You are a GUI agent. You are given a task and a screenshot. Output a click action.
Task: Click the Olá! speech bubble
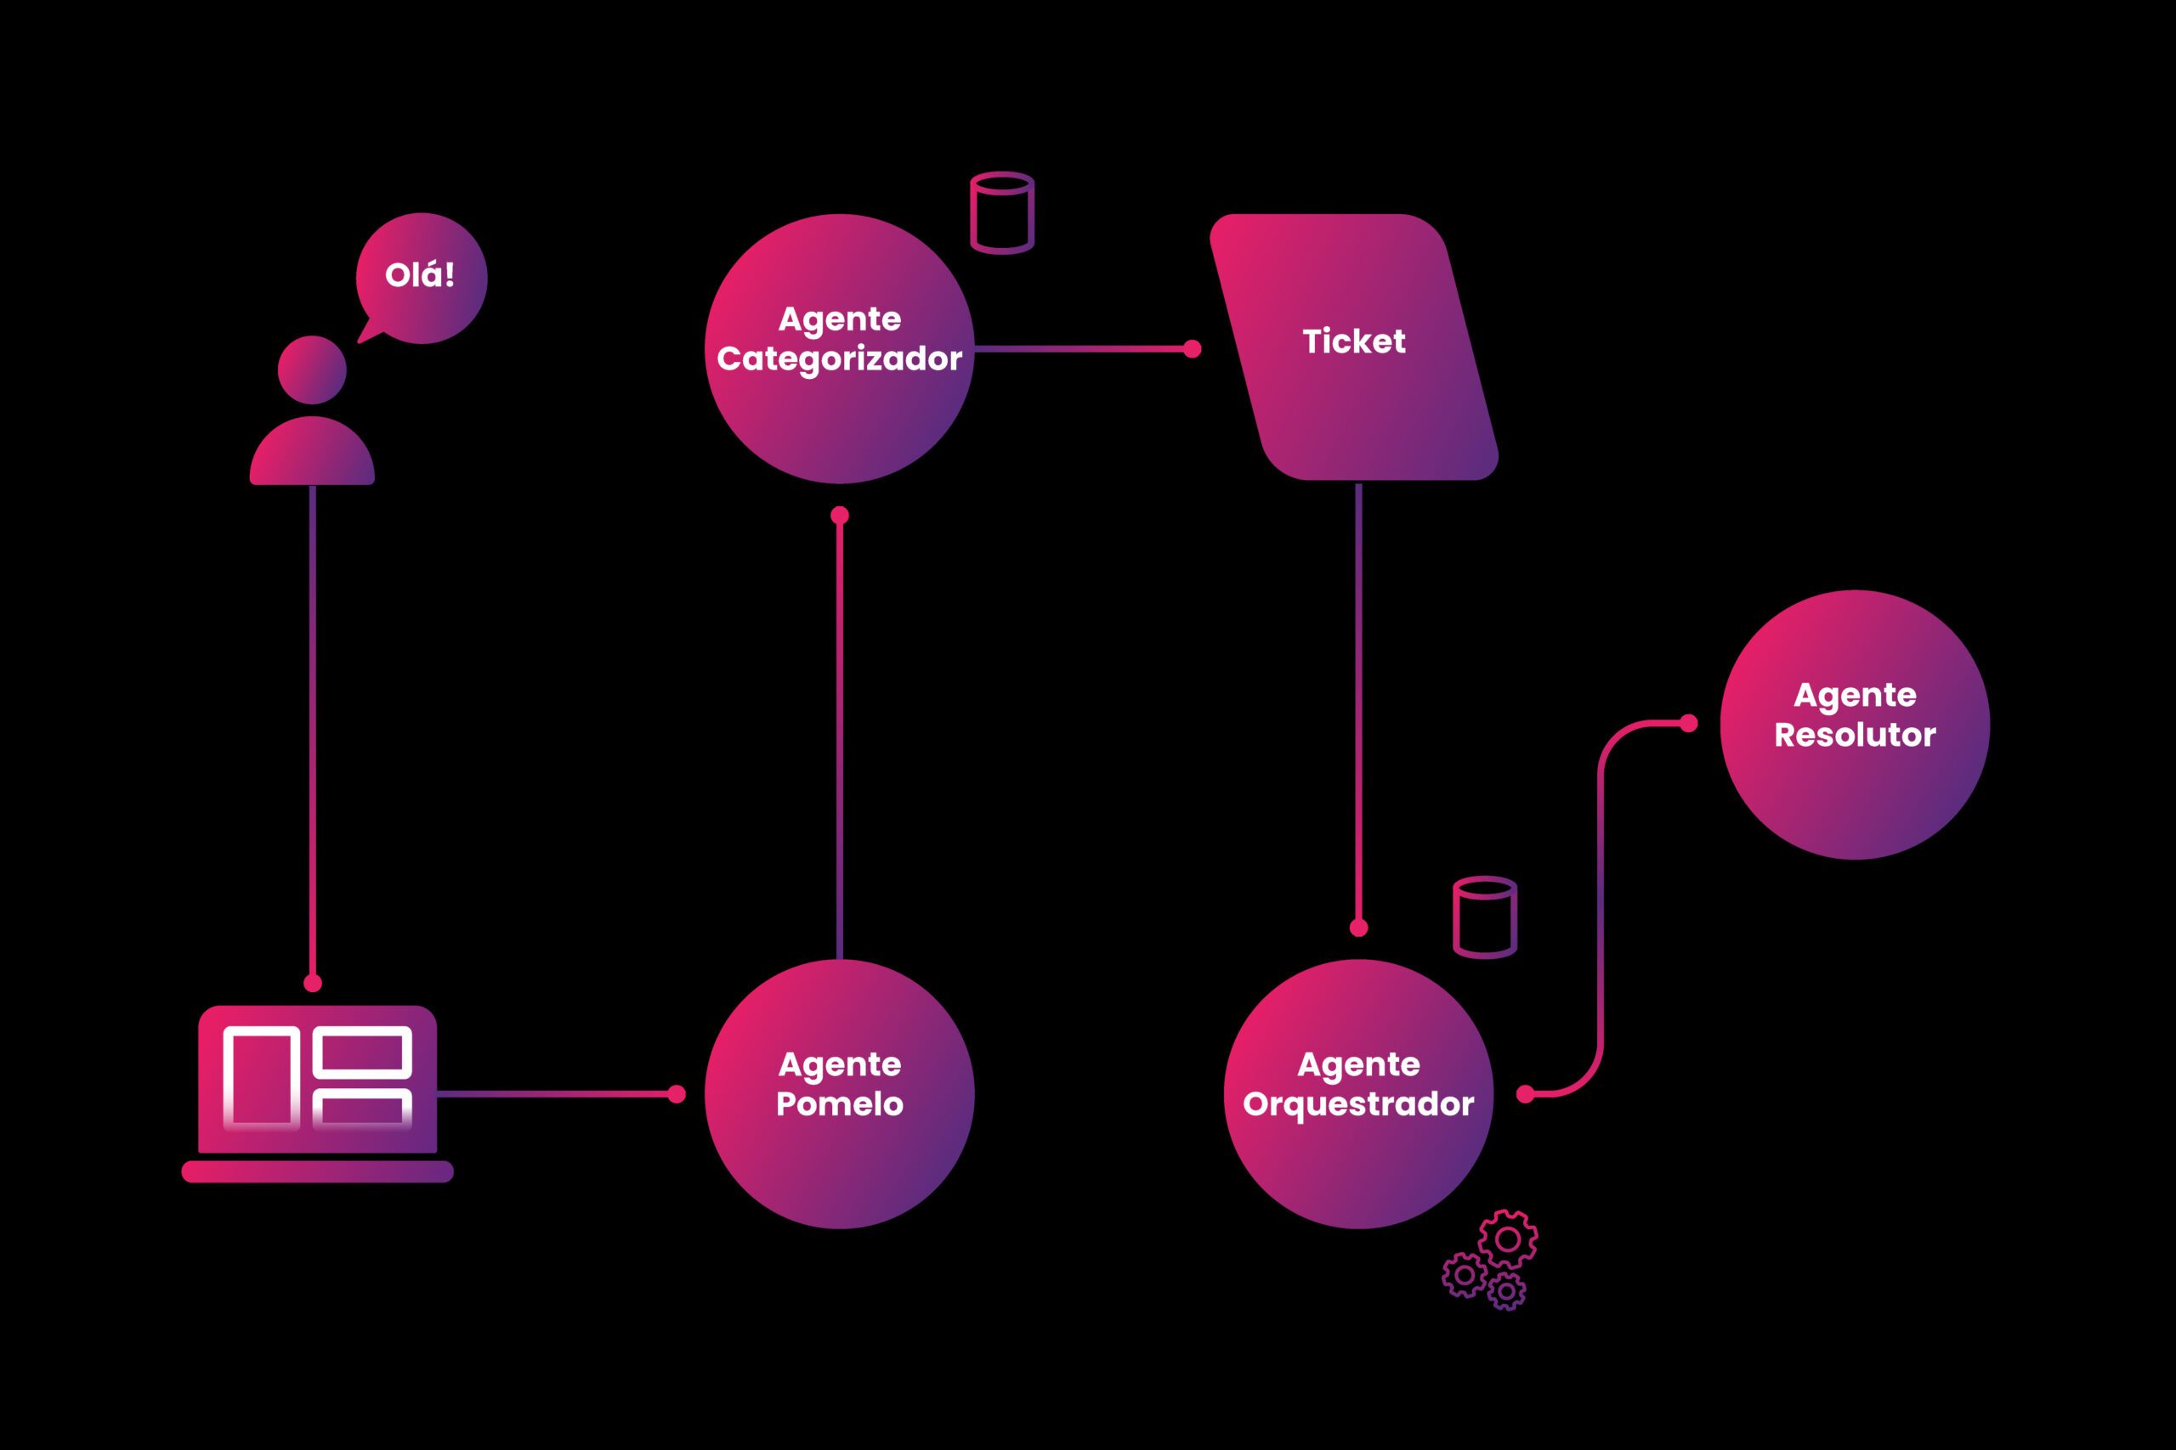422,278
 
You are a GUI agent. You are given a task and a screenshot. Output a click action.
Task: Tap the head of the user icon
312,370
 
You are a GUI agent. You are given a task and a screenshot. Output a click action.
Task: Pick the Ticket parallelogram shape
1353,407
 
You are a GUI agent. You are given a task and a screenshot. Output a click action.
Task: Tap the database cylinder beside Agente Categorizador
1002,212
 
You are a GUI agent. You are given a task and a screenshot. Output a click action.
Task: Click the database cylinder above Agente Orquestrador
1485,917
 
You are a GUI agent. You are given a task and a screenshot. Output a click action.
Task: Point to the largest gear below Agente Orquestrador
1508,1239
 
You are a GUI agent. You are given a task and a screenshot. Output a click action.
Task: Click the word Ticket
1353,341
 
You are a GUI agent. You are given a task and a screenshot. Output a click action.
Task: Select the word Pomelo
839,1104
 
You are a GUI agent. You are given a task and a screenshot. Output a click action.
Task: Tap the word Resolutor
1854,735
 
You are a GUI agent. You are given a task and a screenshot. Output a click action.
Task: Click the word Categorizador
839,358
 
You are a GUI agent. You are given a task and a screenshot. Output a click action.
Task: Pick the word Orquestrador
1358,1104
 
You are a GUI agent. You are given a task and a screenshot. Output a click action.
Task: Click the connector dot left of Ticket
1193,348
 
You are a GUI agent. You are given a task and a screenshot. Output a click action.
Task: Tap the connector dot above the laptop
313,982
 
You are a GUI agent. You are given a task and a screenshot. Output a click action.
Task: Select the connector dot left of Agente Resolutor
1688,723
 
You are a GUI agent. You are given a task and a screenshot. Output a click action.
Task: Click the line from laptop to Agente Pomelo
555,1094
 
